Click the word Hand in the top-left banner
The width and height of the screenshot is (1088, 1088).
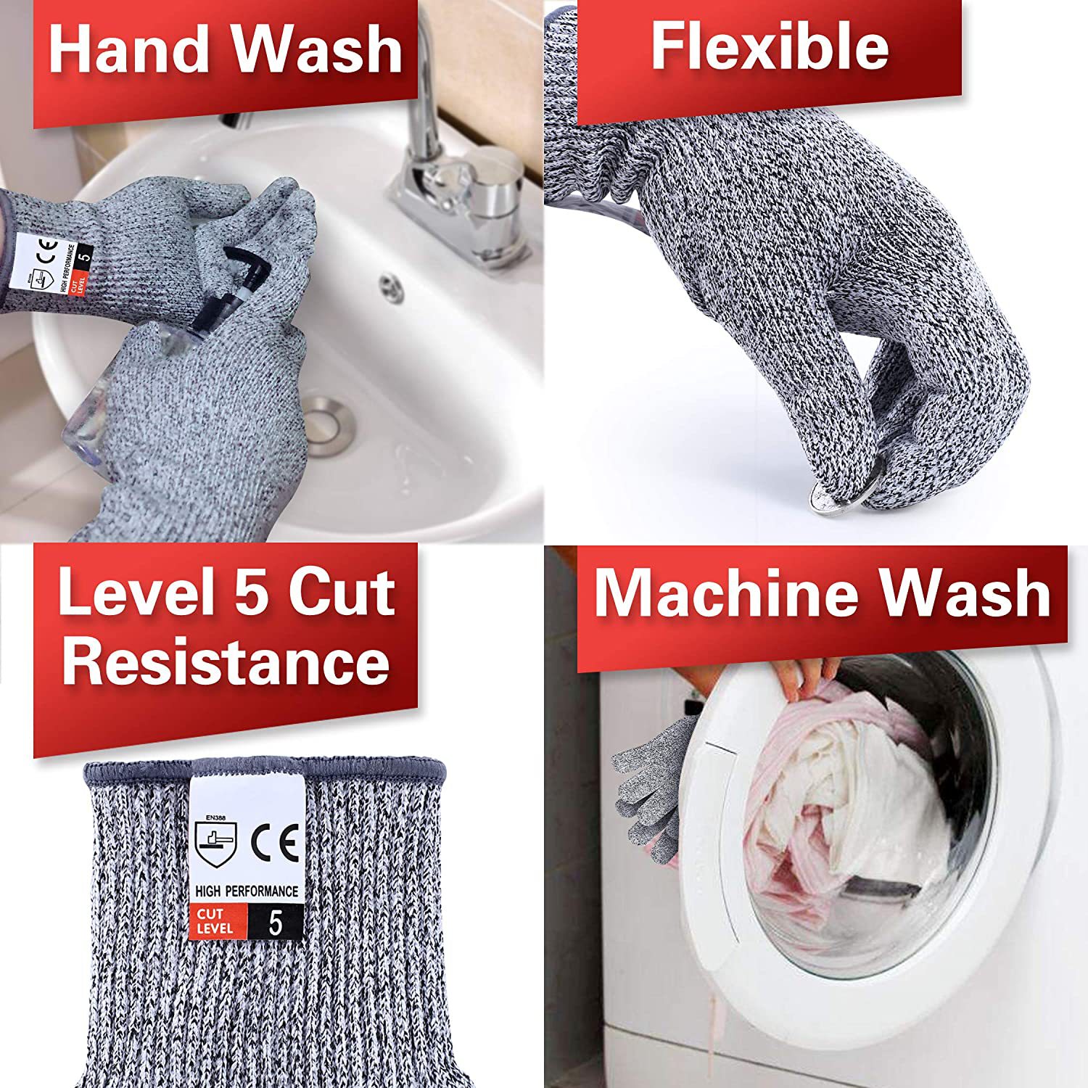129,49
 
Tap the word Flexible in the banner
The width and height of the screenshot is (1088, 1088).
770,46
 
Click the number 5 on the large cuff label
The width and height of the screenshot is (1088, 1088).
275,923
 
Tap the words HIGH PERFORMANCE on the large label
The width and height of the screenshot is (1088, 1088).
247,891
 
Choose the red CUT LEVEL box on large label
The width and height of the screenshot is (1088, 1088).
217,921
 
